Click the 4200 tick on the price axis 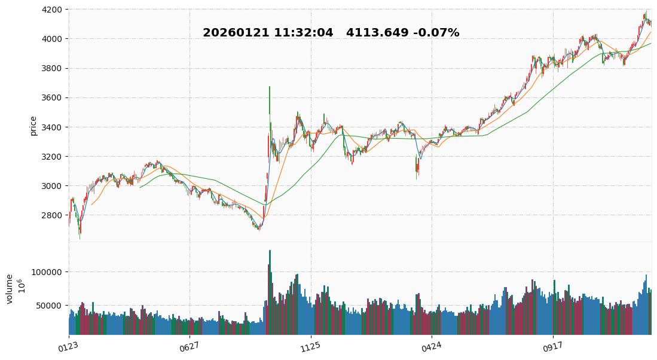(x=53, y=10)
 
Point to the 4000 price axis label (x=53, y=39)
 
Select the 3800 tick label (x=53, y=68)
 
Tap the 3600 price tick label (x=53, y=97)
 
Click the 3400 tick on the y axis (x=53, y=127)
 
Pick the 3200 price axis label (x=53, y=157)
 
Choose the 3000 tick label (x=53, y=186)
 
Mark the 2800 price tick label (x=53, y=215)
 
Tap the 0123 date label (x=68, y=346)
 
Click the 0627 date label (x=188, y=346)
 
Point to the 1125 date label (x=310, y=346)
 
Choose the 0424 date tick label (x=430, y=346)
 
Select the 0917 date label (x=552, y=346)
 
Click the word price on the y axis (x=33, y=126)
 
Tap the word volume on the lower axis (x=10, y=289)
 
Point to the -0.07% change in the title (x=436, y=33)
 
